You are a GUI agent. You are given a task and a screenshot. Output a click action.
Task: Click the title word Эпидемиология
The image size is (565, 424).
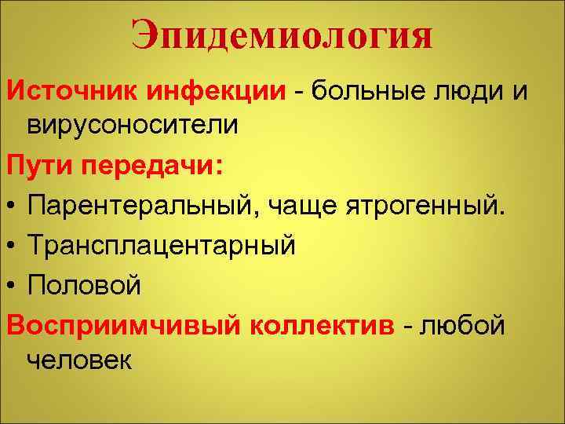point(282,35)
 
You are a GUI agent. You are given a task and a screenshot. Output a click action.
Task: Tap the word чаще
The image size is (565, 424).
point(298,207)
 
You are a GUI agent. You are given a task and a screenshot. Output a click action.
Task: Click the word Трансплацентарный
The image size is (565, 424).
point(162,247)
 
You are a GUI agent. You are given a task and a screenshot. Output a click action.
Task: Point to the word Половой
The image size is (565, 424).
point(85,286)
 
